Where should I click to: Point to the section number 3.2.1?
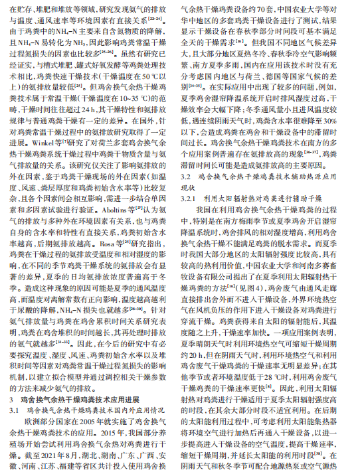192,197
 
